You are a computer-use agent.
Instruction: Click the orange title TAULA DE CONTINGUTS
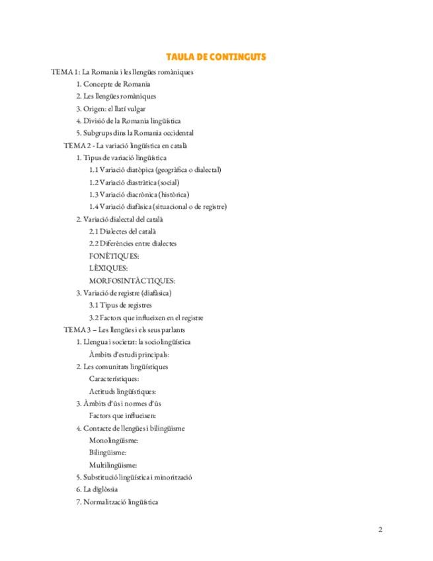tap(216, 57)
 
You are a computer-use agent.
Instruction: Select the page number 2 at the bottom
tap(380, 529)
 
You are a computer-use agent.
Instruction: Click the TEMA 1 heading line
tap(122, 72)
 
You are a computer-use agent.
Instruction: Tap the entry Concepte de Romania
tap(113, 84)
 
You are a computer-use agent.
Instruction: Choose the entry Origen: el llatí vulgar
tap(110, 108)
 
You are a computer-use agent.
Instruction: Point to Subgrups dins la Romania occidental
tap(134, 133)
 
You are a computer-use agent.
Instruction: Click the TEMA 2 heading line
tap(126, 146)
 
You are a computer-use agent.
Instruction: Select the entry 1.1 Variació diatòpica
tap(155, 170)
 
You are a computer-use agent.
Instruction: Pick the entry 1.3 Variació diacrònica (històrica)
tap(139, 194)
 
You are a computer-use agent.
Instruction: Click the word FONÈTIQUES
tap(114, 256)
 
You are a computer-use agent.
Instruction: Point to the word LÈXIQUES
tap(108, 268)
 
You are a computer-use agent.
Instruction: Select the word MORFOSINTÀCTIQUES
tap(132, 280)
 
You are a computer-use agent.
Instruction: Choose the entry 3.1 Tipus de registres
tap(120, 305)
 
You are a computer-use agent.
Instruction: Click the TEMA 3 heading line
tap(124, 329)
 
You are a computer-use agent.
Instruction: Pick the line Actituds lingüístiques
tap(122, 391)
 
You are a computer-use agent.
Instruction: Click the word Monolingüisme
tap(113, 440)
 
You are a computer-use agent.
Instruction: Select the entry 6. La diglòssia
tap(97, 489)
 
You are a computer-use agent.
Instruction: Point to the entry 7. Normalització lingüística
tap(117, 501)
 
